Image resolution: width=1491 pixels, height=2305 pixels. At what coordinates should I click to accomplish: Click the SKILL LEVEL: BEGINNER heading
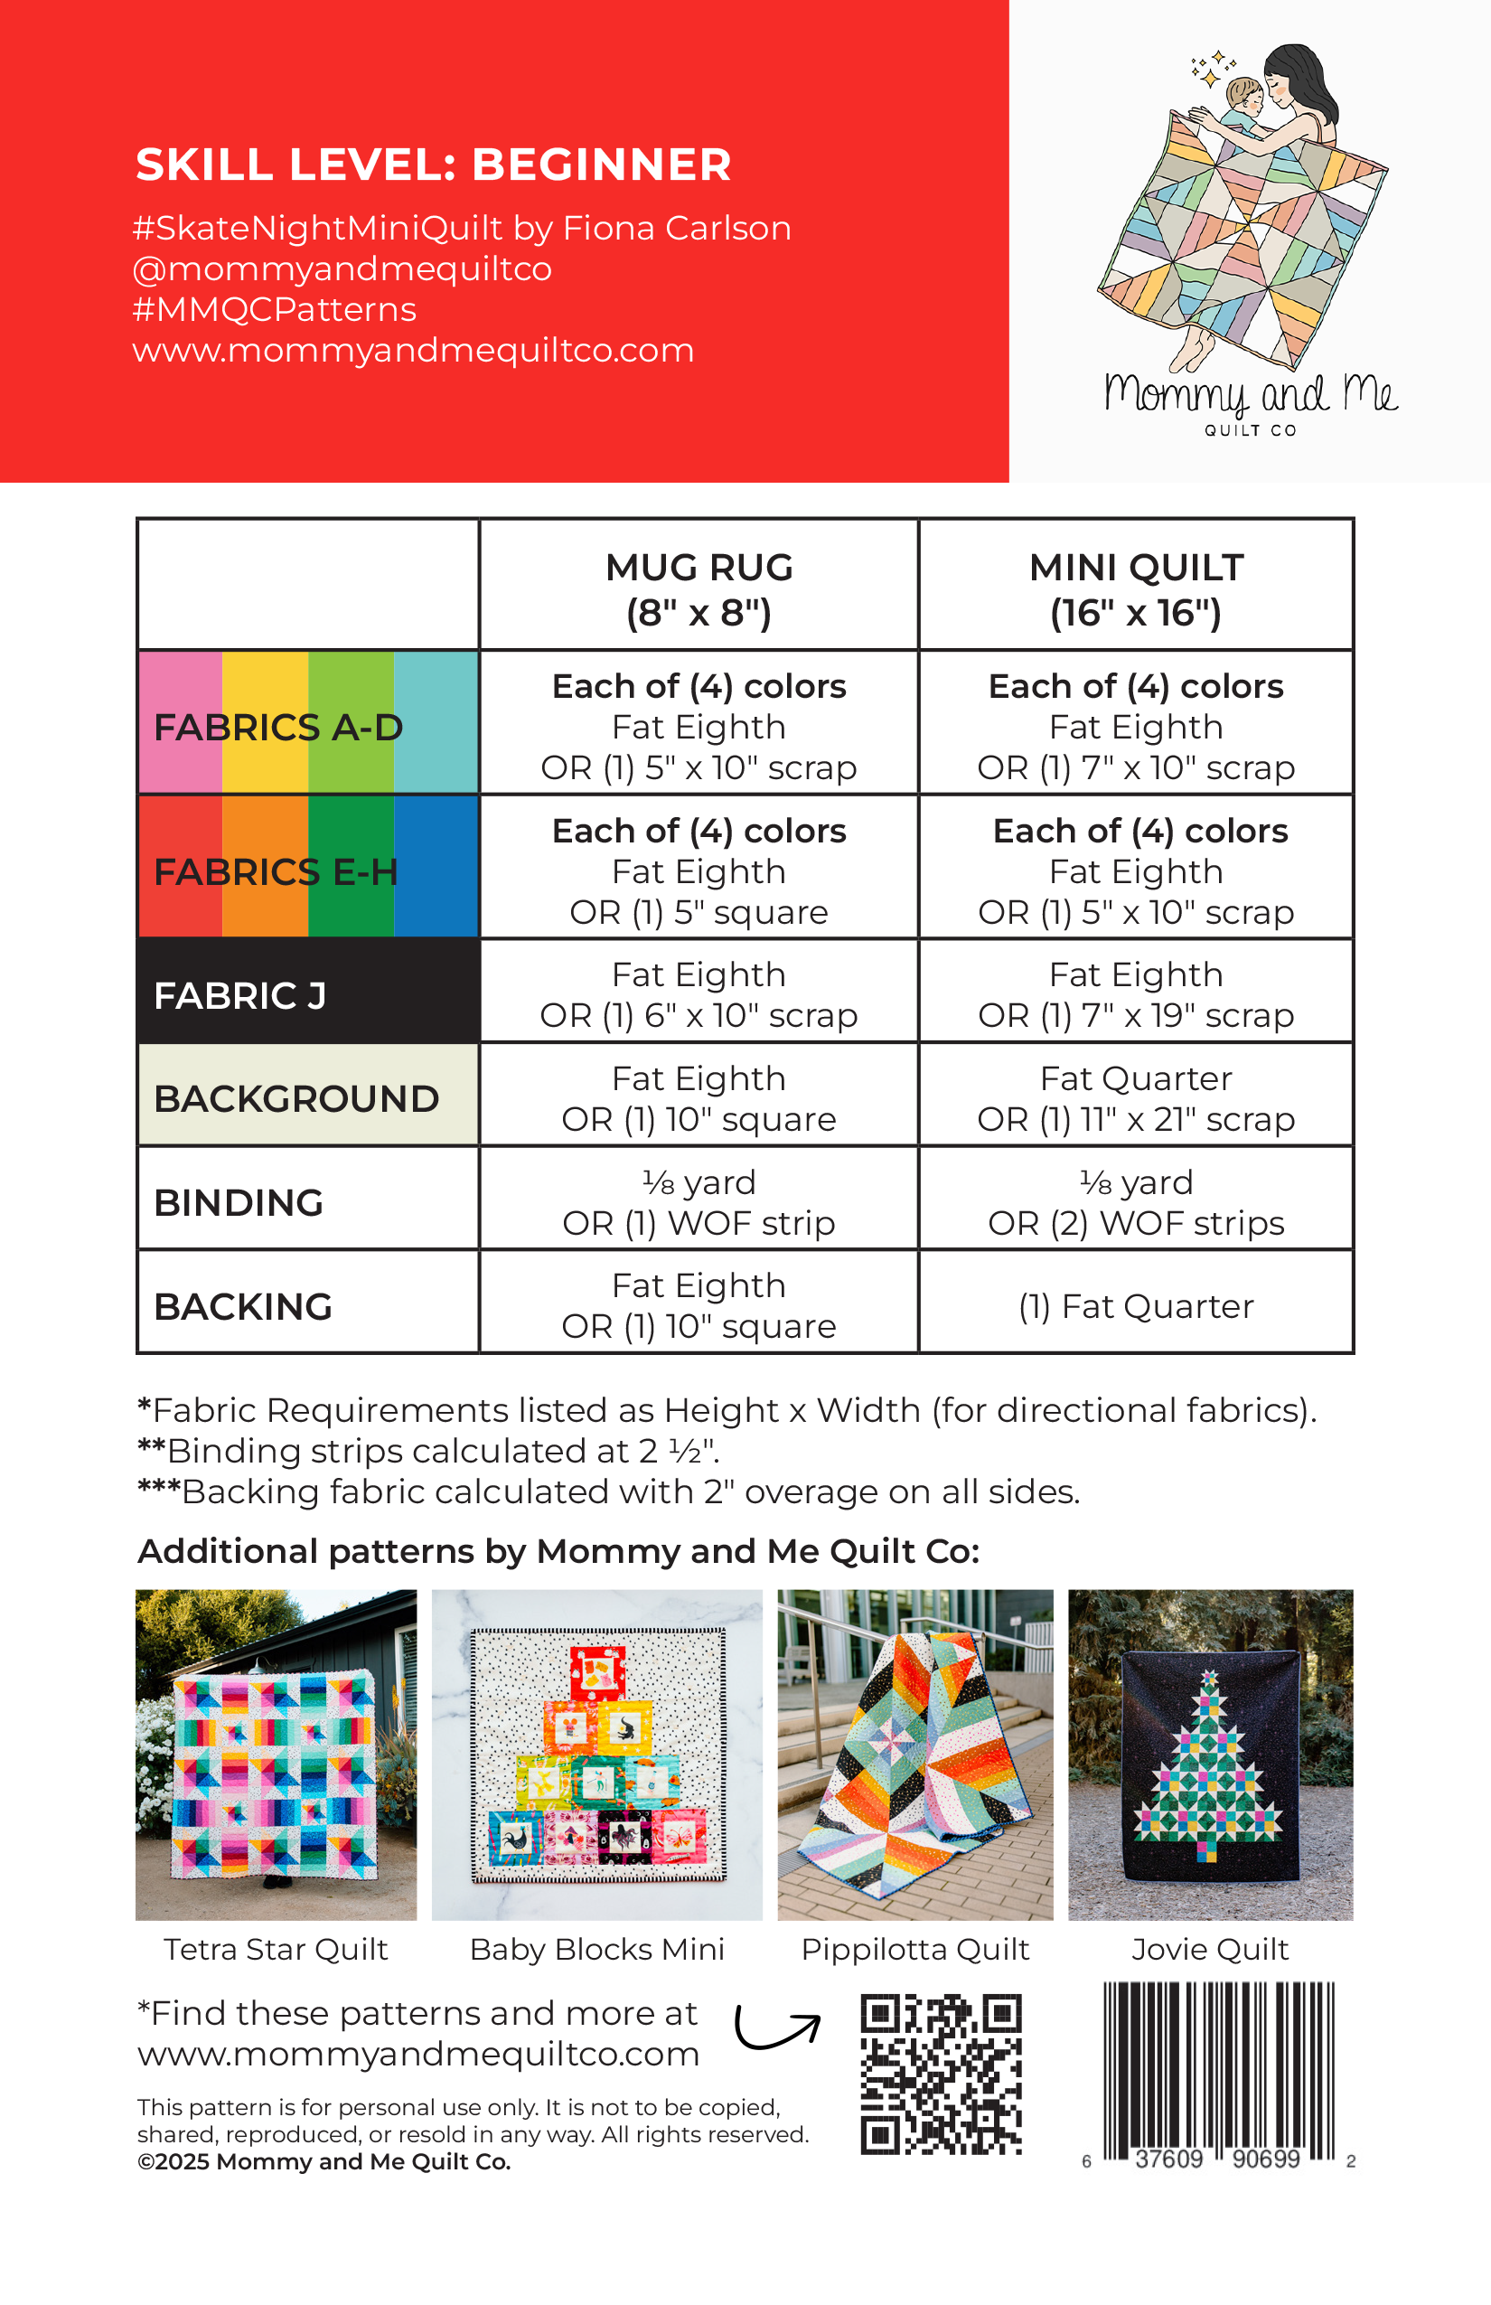point(433,165)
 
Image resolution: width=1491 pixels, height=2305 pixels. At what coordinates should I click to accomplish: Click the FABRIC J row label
point(240,995)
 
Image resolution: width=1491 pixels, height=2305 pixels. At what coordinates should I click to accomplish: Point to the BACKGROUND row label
point(296,1098)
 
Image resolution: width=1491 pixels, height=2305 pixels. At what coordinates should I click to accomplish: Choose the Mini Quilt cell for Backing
point(1136,1306)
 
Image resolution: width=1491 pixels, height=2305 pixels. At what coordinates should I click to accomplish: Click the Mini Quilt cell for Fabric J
point(1136,994)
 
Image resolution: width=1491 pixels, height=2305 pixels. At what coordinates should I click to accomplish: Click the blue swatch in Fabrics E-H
point(436,866)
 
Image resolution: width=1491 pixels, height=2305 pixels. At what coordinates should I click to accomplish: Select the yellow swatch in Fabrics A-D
point(266,721)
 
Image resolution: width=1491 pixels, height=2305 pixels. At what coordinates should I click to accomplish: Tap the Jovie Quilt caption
point(1209,1949)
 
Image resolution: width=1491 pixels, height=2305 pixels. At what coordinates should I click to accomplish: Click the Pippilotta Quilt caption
point(914,1949)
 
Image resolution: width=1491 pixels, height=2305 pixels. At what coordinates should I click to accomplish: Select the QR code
point(941,2074)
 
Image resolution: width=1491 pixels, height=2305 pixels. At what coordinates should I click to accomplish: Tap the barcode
point(1218,2071)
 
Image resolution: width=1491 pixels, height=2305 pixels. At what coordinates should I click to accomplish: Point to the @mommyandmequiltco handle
point(342,268)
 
